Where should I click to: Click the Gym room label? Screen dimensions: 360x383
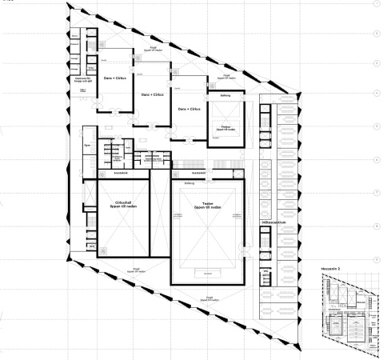86,146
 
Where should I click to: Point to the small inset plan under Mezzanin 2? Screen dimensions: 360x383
348,312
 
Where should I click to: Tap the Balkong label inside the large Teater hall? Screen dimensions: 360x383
190,183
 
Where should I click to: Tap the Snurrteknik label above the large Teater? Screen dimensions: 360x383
200,173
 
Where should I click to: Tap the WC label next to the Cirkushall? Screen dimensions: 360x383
87,239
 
